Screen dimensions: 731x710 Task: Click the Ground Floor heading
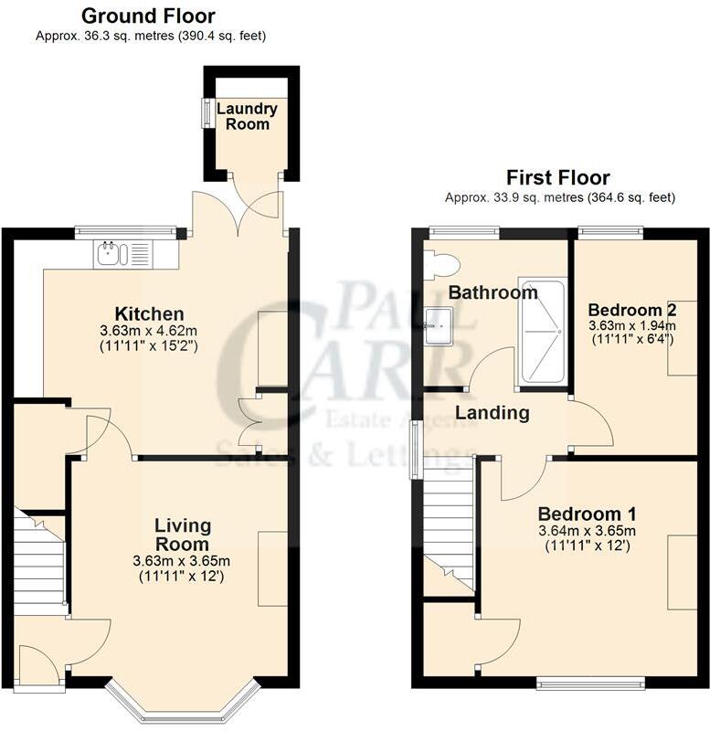tap(148, 16)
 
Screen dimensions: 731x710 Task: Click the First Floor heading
tap(559, 177)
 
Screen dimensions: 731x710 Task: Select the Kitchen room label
tap(149, 313)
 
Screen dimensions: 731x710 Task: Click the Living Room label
tap(183, 535)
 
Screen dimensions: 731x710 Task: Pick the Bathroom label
tap(493, 292)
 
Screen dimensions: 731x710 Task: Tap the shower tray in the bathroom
tap(542, 331)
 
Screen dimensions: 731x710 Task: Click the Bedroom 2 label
tap(632, 308)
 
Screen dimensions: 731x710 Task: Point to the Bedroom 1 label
tap(587, 514)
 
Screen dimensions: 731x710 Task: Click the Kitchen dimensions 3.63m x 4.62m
tap(149, 331)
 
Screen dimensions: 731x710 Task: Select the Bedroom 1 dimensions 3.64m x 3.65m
tap(587, 531)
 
